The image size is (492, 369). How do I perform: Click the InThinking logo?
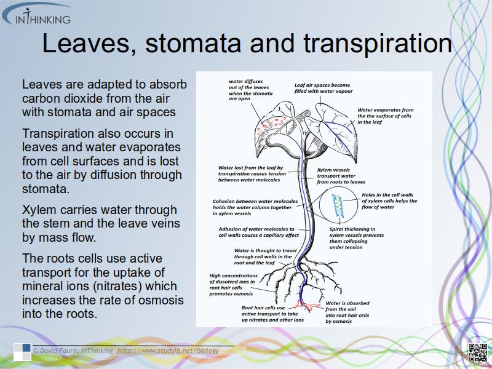tap(41, 15)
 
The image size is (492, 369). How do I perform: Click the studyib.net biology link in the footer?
tap(168, 351)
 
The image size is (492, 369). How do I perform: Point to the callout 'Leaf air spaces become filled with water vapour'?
tap(322, 88)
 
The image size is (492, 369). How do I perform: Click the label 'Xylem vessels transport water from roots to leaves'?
tap(341, 176)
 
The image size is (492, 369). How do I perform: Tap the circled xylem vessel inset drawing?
tap(338, 204)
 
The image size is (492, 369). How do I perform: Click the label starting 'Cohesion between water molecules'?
tap(255, 207)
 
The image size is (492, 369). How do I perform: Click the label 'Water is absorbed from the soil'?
tap(347, 312)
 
